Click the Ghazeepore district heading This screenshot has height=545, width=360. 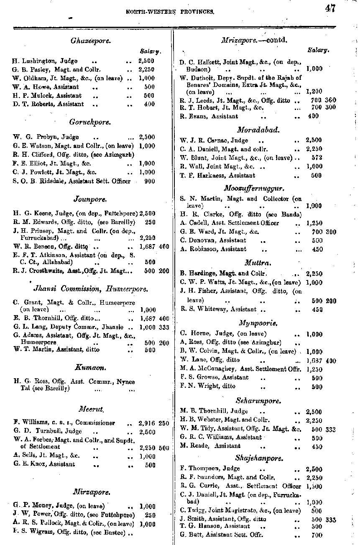coord(91,41)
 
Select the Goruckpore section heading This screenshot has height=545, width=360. coord(90,122)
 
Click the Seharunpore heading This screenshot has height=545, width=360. coord(258,400)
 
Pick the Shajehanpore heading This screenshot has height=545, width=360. coord(259,458)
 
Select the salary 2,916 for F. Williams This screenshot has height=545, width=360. coord(147,423)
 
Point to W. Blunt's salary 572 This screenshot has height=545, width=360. coord(317,158)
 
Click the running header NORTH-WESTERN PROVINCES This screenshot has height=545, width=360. coord(170,12)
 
